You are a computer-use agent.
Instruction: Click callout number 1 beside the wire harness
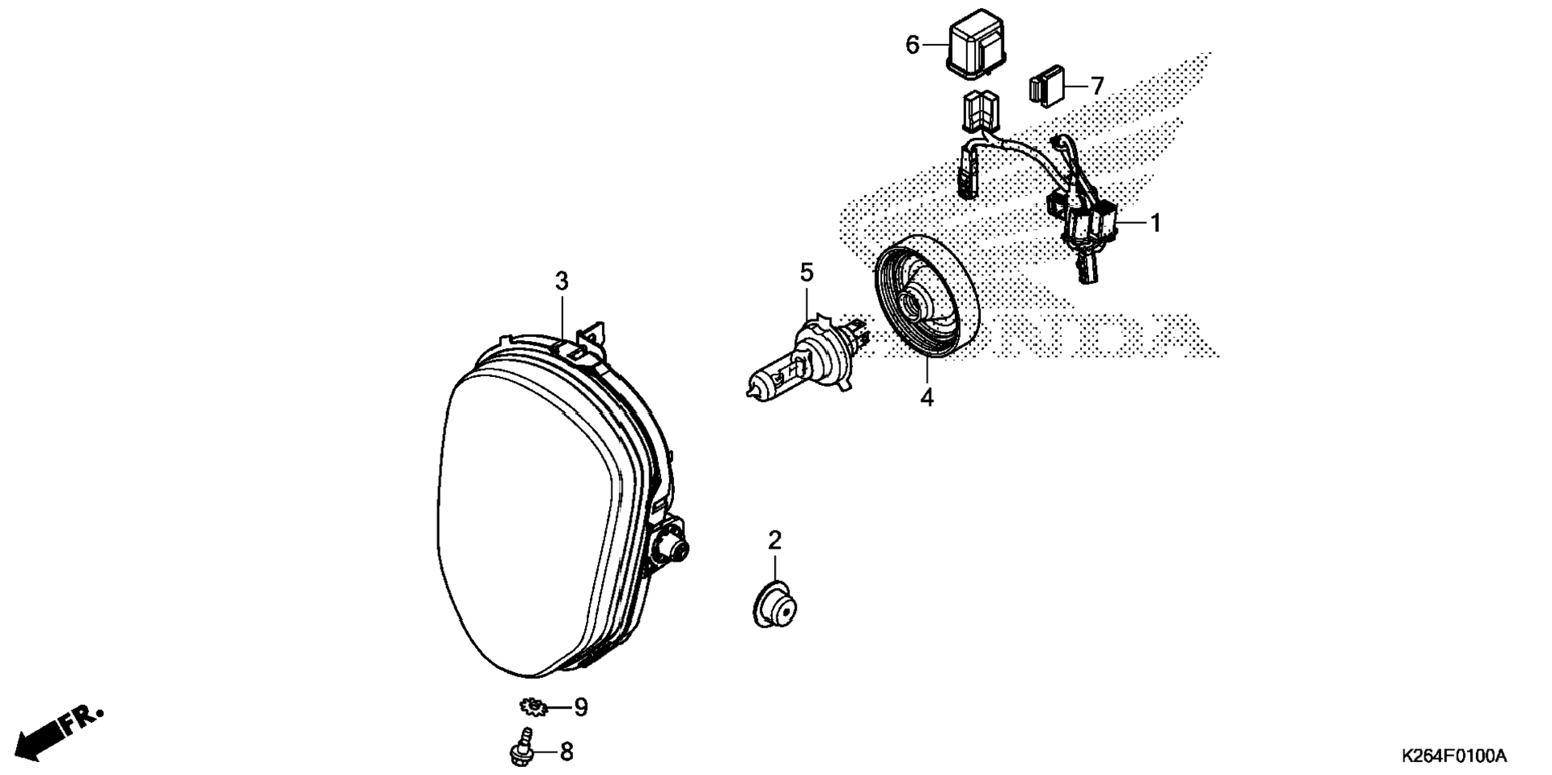[x=1156, y=223]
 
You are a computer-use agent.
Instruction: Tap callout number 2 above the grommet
[x=774, y=540]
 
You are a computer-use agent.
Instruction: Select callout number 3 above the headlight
[x=562, y=281]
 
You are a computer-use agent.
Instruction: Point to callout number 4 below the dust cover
[x=927, y=396]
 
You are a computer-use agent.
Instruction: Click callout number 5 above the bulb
[x=806, y=273]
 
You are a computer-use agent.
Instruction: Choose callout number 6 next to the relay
[x=912, y=45]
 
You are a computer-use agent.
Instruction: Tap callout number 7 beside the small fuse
[x=1097, y=85]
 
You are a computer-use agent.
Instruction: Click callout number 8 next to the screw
[x=567, y=752]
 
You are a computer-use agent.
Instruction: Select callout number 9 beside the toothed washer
[x=580, y=707]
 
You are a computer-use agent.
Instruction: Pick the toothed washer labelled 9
[x=532, y=707]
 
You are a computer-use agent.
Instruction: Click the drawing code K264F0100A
[x=1454, y=756]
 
